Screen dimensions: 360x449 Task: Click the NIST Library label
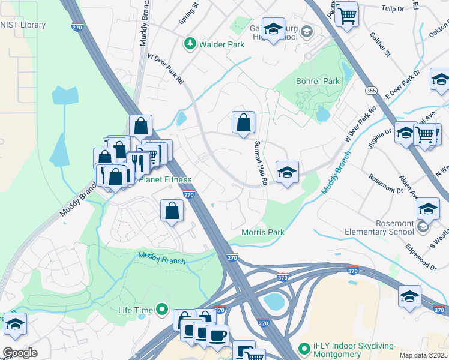click(22, 25)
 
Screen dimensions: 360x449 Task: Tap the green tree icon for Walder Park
click(190, 43)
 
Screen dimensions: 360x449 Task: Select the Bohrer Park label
click(318, 81)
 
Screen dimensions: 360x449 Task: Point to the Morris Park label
click(262, 232)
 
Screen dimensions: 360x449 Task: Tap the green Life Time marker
click(161, 310)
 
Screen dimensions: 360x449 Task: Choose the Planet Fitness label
click(165, 179)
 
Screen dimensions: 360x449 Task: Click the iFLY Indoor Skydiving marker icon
click(304, 348)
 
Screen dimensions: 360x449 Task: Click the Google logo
click(20, 353)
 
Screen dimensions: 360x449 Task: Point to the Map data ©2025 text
click(423, 355)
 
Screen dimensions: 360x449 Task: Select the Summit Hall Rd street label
click(259, 163)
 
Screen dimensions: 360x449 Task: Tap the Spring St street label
click(188, 16)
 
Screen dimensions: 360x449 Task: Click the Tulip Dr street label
click(394, 8)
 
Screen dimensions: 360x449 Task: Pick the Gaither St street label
click(381, 45)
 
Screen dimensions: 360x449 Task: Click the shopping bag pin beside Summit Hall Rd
click(243, 123)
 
